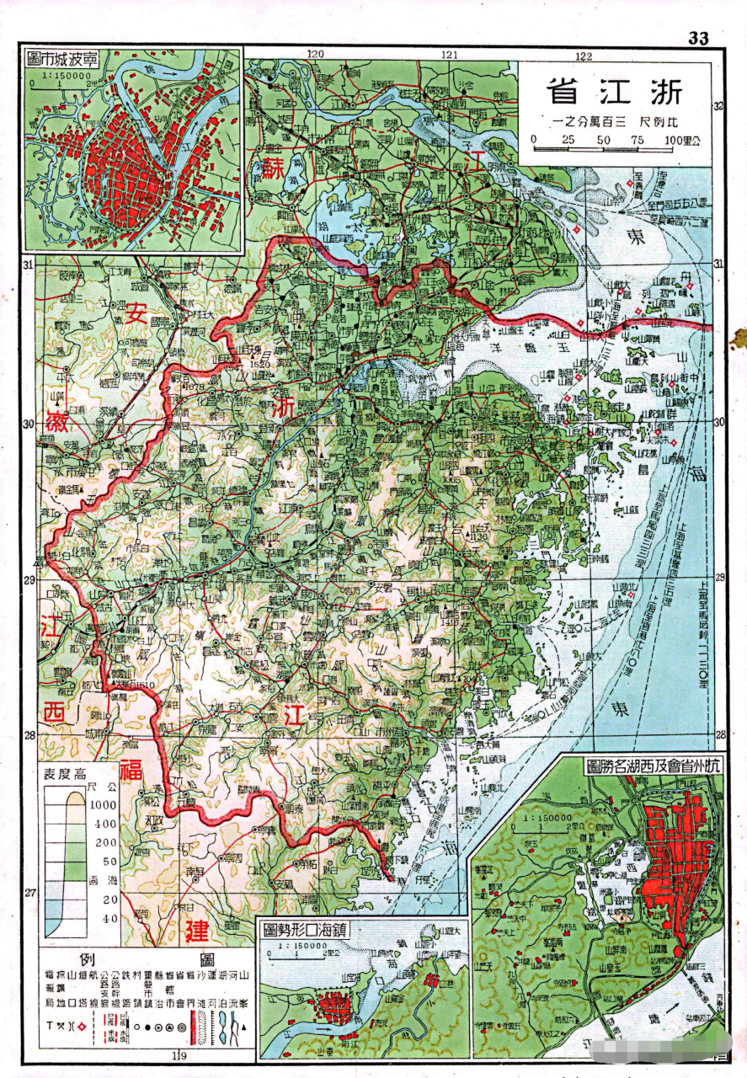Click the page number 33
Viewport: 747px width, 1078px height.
[x=698, y=38]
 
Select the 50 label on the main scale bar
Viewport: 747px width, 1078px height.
[x=604, y=139]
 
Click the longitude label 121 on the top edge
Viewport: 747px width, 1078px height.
[x=449, y=56]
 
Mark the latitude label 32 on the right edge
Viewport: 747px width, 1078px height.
[x=718, y=107]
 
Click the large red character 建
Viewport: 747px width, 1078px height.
[x=197, y=931]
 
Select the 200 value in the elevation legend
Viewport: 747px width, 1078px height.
[x=105, y=842]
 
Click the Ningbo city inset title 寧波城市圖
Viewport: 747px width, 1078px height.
[x=63, y=59]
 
